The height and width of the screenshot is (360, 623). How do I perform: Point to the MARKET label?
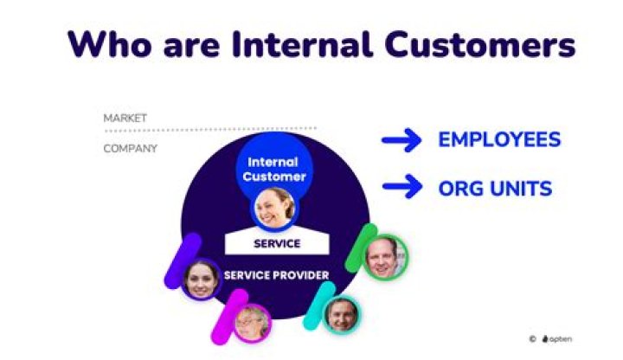pos(125,118)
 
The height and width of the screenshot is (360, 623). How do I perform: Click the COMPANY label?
pos(131,148)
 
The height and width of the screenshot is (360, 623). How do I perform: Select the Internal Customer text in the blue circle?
pos(273,169)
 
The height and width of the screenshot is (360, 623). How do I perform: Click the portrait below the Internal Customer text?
pos(273,209)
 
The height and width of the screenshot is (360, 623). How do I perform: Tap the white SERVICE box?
pos(277,242)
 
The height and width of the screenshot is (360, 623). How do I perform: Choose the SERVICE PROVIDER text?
pos(276,275)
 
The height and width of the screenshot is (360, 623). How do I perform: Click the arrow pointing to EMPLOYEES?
pos(401,140)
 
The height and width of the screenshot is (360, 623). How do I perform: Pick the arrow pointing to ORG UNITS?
pos(401,187)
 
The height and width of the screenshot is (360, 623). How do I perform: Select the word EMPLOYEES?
pos(499,140)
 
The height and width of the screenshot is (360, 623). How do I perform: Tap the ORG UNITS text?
pos(494,187)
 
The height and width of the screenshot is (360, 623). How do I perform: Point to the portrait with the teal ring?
pos(341,313)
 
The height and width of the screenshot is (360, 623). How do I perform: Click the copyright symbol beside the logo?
pos(533,339)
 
